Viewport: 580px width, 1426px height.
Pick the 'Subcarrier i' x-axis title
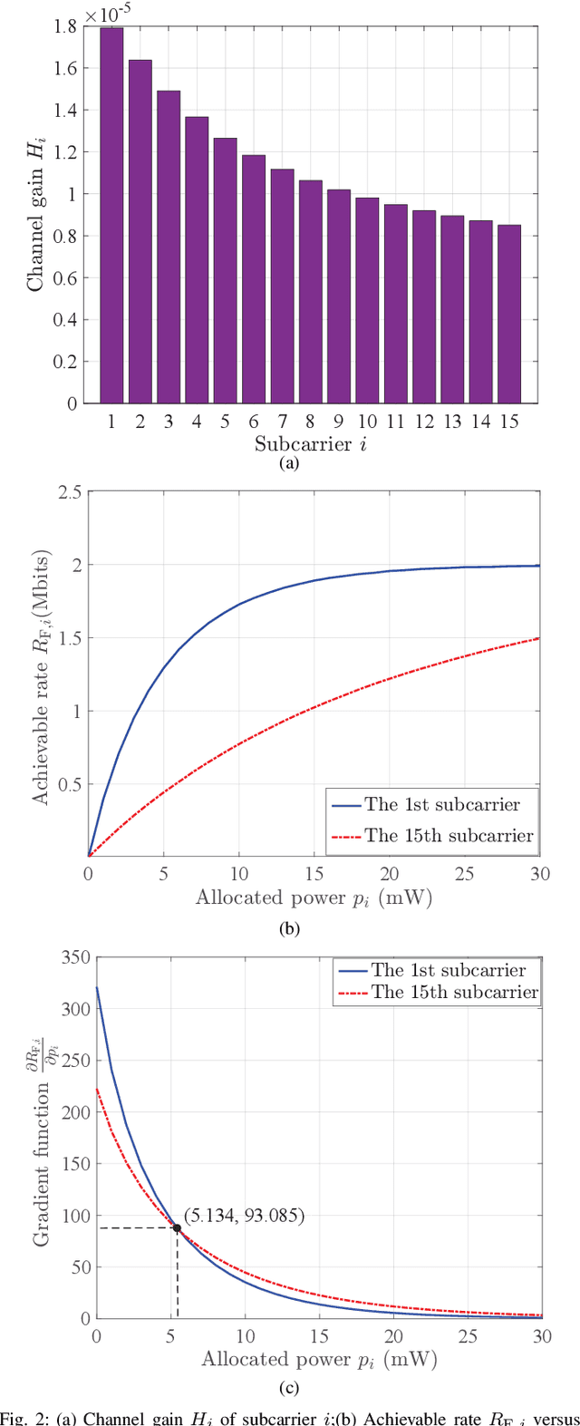311,444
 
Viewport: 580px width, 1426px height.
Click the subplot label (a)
289,463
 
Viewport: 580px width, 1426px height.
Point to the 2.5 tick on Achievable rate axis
69,492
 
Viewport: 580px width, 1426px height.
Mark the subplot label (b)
290,927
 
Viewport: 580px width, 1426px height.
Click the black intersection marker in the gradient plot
177,1227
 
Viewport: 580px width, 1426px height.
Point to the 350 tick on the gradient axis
72,957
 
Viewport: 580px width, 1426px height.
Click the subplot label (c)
290,1388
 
